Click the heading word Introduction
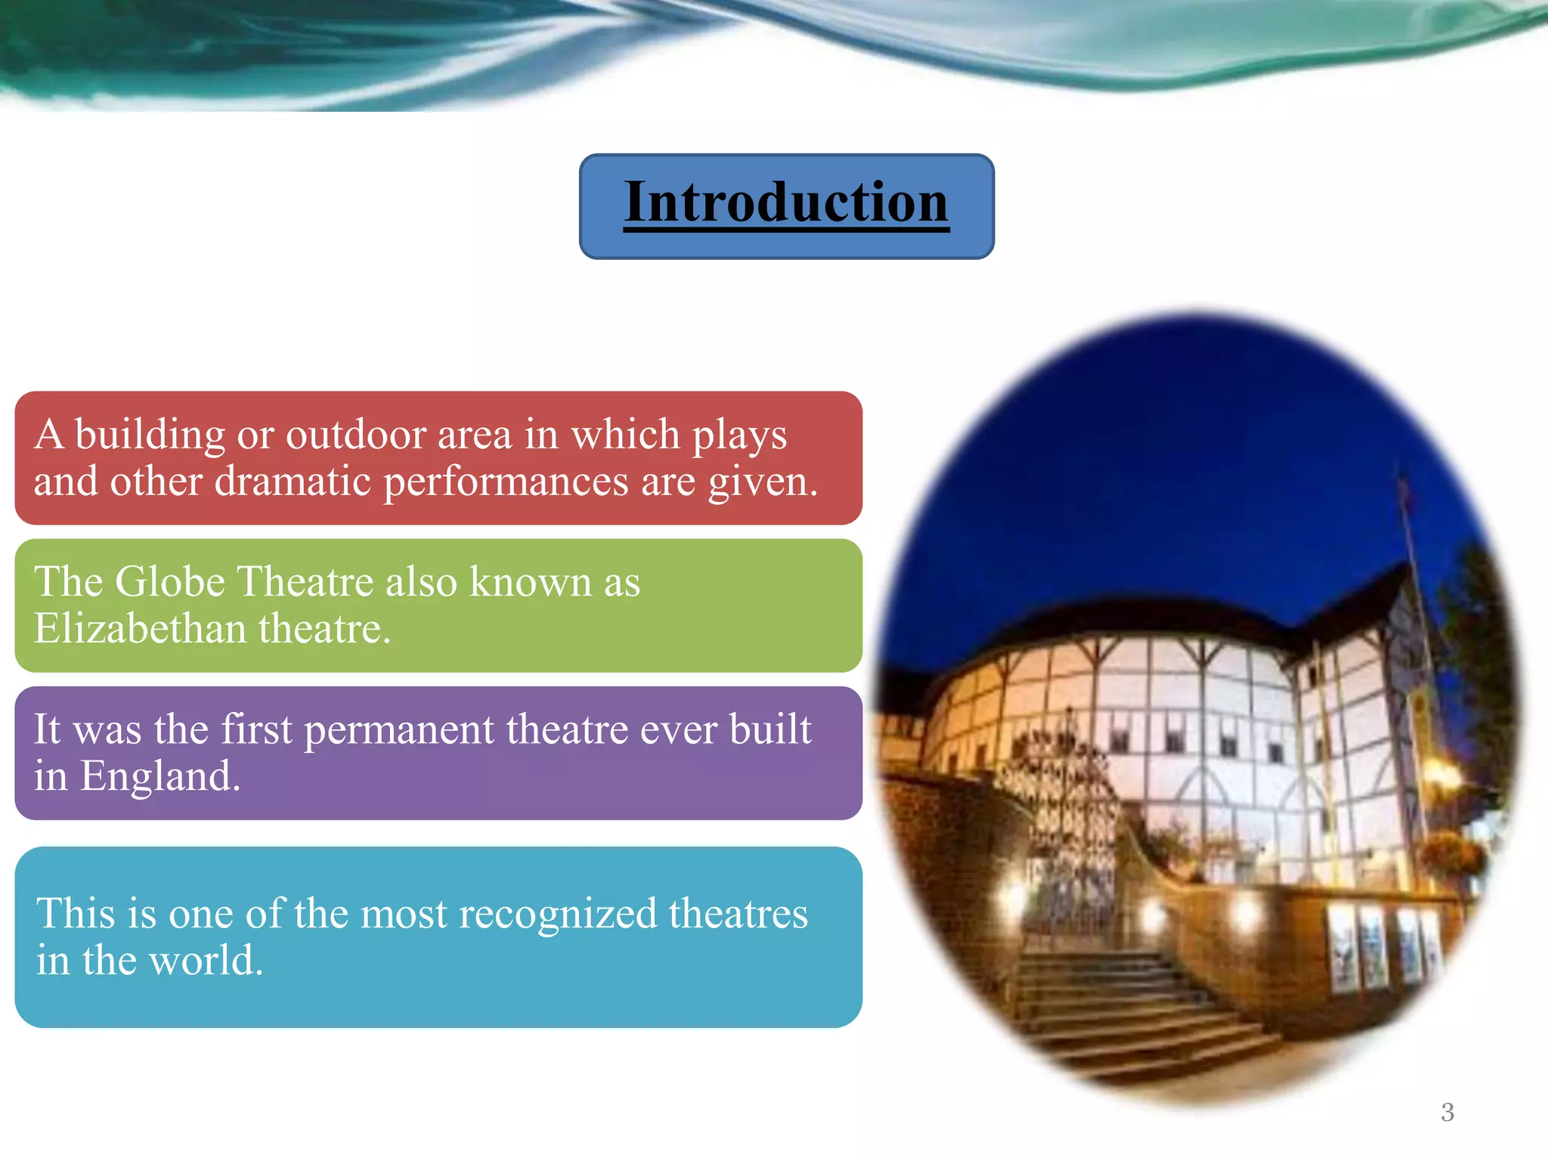coord(786,203)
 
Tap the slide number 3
coord(1447,1112)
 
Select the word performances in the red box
coord(506,481)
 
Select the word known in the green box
coord(530,582)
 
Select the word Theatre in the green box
coord(305,582)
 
